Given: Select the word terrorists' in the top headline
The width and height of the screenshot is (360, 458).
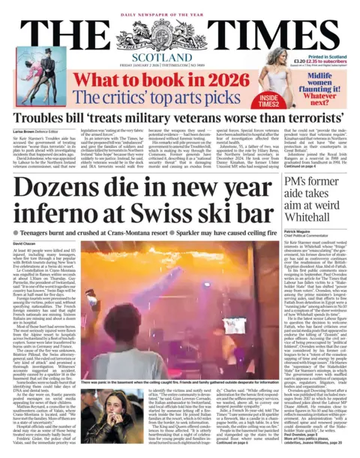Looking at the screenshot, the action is click(309, 119).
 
